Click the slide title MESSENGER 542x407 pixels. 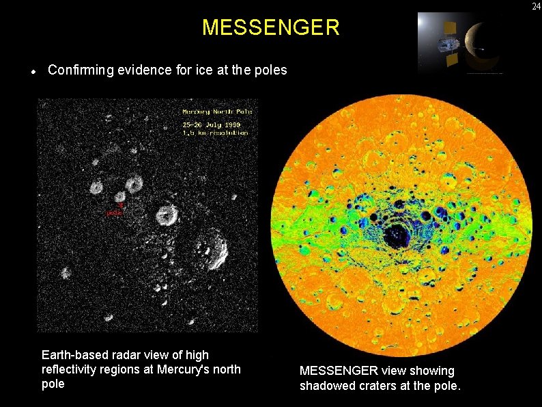point(270,28)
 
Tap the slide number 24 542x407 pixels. point(534,6)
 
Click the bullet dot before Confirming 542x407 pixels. point(33,71)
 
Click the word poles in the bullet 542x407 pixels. point(271,70)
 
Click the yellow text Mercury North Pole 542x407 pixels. point(217,111)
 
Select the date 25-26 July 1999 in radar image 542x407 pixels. point(211,125)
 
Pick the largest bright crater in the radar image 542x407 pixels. point(212,249)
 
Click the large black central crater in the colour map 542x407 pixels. point(397,236)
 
